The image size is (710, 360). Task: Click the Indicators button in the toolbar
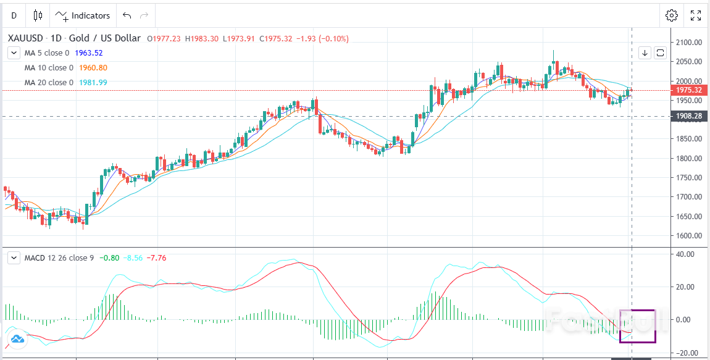83,15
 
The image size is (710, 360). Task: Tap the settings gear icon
672,15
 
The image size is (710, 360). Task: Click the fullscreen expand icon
696,15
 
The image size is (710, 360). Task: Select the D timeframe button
14,15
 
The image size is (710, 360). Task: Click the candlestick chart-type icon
38,15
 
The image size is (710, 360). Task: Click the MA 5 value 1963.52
88,53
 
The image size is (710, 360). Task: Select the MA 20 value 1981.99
93,83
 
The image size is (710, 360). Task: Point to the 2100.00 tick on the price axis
689,42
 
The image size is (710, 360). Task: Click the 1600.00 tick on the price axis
689,235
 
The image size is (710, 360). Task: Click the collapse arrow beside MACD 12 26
14,257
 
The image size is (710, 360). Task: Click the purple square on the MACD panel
638,326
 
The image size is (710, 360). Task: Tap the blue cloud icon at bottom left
17,338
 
